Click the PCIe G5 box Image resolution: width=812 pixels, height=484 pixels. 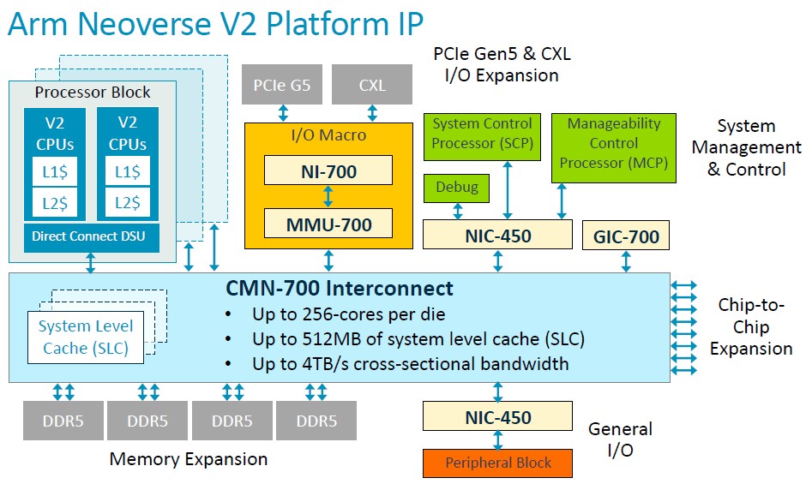click(282, 84)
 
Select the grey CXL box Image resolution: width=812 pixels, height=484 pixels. click(372, 84)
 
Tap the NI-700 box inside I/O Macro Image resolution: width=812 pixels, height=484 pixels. click(328, 170)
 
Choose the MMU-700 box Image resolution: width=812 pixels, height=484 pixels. click(328, 224)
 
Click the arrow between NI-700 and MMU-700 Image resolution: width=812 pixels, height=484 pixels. click(328, 196)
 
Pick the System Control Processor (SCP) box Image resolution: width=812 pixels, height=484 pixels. click(482, 137)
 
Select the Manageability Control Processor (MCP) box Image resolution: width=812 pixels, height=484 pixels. click(614, 148)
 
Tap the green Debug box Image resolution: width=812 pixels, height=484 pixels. click(456, 188)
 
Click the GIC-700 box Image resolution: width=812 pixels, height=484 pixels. click(626, 236)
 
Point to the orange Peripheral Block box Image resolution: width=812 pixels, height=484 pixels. click(497, 463)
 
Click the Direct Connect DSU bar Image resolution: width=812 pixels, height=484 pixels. click(92, 237)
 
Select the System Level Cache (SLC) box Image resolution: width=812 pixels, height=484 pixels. click(86, 338)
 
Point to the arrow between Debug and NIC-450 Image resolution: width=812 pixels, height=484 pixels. click(458, 211)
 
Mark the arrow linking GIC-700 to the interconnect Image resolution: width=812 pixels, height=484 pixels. click(626, 261)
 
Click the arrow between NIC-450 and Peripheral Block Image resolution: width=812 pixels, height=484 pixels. click(497, 440)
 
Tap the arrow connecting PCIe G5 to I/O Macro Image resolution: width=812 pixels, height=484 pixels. click(283, 113)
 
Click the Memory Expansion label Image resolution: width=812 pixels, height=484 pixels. click(189, 459)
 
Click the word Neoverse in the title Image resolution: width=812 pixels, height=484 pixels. click(168, 24)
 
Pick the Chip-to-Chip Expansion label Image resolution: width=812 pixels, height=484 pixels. click(751, 326)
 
